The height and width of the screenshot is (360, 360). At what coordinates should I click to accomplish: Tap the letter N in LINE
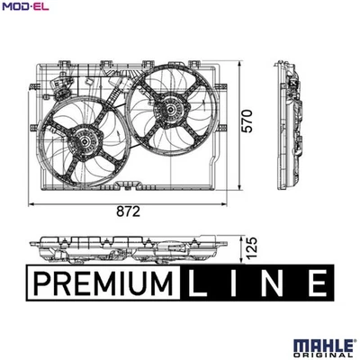(276, 283)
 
